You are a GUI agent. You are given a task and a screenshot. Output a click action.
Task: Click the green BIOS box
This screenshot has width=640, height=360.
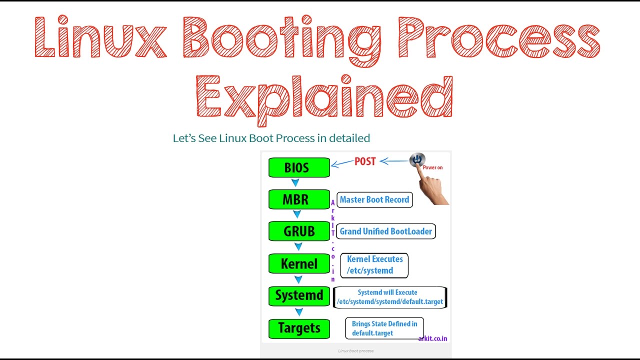(299, 167)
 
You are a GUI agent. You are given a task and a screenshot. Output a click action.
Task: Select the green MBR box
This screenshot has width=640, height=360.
(299, 199)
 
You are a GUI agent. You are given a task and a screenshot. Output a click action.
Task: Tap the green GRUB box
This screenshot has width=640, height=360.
(299, 231)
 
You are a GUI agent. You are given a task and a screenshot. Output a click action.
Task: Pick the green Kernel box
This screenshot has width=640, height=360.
(299, 263)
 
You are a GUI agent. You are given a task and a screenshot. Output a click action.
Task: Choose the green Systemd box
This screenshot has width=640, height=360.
(299, 296)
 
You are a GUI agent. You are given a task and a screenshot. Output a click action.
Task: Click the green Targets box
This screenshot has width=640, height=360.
(299, 328)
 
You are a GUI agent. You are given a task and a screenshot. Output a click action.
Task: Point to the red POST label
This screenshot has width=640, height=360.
(365, 161)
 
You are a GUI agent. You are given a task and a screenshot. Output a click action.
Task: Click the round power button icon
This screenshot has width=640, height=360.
(417, 159)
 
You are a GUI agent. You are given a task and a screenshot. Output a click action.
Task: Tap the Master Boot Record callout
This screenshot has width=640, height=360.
(374, 199)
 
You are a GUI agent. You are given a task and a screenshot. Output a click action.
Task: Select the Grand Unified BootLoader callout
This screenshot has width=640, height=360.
(385, 231)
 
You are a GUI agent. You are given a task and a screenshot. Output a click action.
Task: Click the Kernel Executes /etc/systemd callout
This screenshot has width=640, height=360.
(374, 265)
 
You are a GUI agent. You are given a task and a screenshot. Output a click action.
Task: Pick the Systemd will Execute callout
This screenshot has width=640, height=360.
(390, 297)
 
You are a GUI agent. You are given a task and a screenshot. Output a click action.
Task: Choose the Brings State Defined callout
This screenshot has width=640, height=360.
(384, 328)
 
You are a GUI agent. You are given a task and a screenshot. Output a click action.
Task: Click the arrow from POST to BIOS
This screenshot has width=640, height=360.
(342, 163)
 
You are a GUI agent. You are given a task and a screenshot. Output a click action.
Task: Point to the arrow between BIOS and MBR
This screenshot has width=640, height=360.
(295, 182)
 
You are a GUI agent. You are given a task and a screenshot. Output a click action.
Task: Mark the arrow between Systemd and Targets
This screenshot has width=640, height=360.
(299, 311)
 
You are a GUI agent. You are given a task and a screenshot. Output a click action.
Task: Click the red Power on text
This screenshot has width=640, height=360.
(432, 167)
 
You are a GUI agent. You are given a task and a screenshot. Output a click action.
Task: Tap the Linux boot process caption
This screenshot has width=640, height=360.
(355, 351)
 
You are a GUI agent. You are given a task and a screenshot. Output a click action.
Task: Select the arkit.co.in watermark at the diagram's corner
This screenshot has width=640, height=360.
(432, 339)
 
